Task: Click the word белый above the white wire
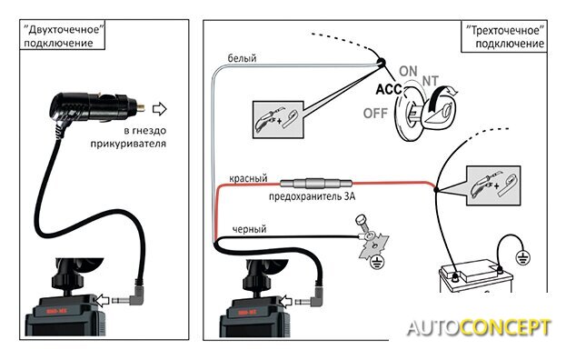[242, 58]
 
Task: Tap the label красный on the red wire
[248, 178]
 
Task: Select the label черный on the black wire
[249, 229]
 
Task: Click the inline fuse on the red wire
[316, 184]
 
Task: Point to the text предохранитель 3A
[312, 196]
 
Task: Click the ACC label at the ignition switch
[389, 89]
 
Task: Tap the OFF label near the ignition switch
[375, 114]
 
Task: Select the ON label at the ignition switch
[408, 71]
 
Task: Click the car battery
[476, 276]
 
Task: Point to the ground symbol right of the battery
[521, 257]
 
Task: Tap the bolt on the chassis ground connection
[362, 225]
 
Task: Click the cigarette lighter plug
[96, 107]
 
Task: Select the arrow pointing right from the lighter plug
[159, 109]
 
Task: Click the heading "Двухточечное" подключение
[62, 35]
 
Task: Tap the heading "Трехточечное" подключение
[504, 37]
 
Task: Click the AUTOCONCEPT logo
[479, 328]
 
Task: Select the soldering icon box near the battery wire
[494, 185]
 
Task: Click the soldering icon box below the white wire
[278, 119]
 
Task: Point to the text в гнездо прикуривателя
[128, 137]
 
